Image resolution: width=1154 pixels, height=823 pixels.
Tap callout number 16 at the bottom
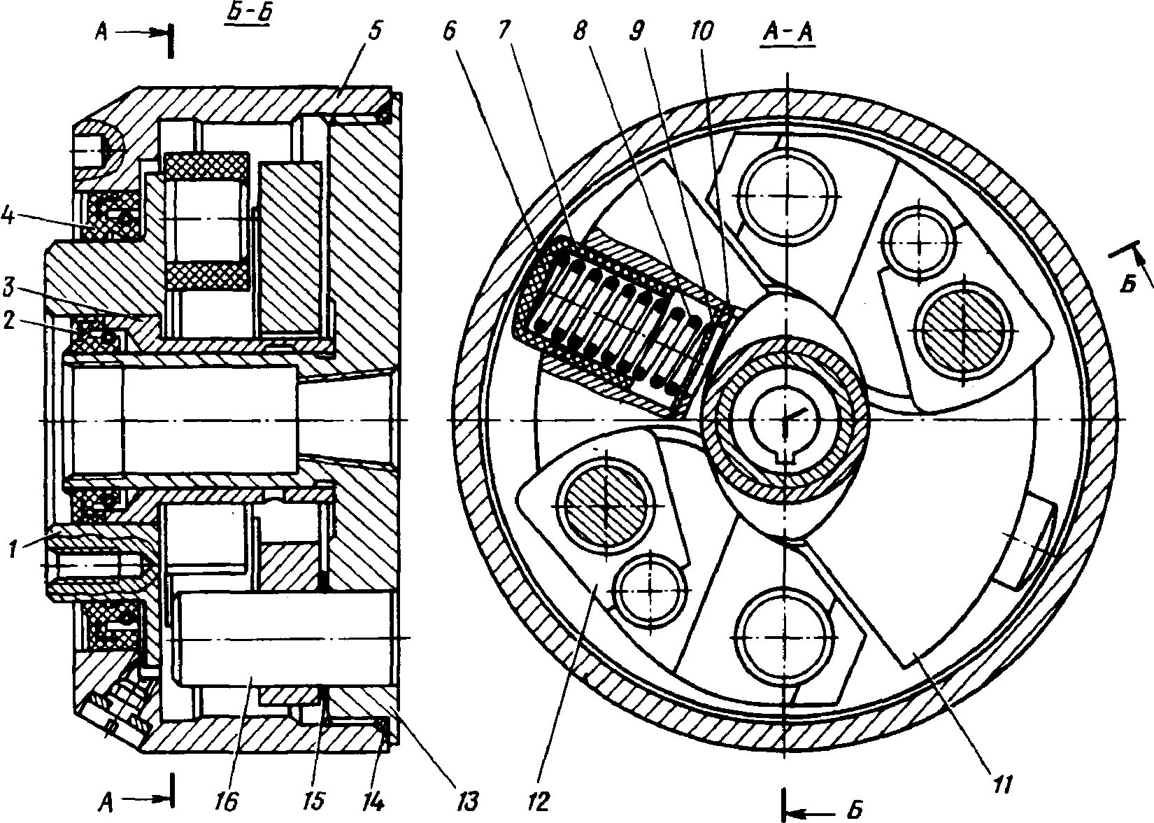(229, 799)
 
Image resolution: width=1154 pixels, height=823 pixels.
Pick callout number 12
(541, 799)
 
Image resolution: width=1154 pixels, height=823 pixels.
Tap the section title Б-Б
(248, 15)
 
